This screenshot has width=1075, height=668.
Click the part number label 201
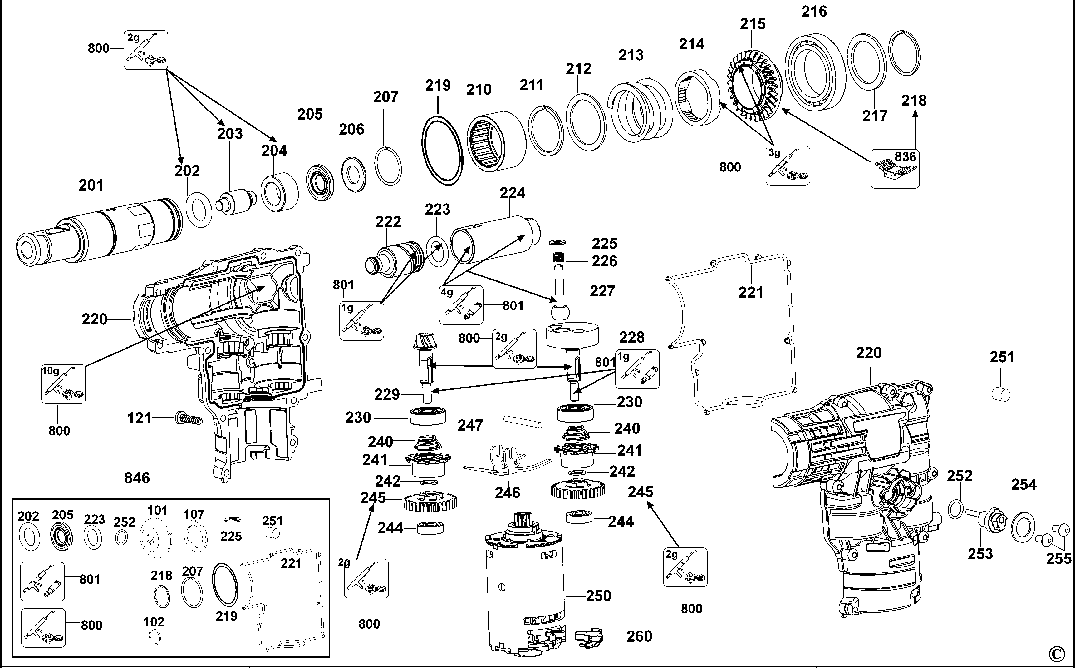click(91, 185)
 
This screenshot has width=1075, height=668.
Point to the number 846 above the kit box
click(137, 478)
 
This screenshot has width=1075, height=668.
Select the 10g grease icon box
click(63, 383)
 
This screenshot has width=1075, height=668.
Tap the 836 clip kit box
click(895, 168)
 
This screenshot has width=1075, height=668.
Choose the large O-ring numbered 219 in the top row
click(442, 150)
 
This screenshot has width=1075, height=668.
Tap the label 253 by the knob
click(980, 554)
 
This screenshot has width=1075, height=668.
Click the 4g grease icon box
click(461, 305)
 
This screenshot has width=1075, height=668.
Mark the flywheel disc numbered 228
click(572, 336)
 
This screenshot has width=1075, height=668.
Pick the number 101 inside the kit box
click(157, 511)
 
